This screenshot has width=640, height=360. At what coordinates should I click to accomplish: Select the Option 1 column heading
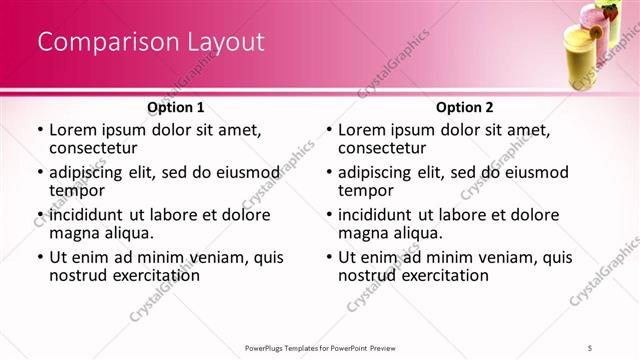point(176,107)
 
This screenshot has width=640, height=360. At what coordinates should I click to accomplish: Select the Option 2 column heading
point(464,107)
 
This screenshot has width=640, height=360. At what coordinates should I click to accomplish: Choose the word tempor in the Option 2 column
point(363,189)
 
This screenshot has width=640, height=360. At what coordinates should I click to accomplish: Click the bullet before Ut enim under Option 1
point(39,257)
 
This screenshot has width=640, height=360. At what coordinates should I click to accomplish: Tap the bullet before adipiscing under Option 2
point(328,172)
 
